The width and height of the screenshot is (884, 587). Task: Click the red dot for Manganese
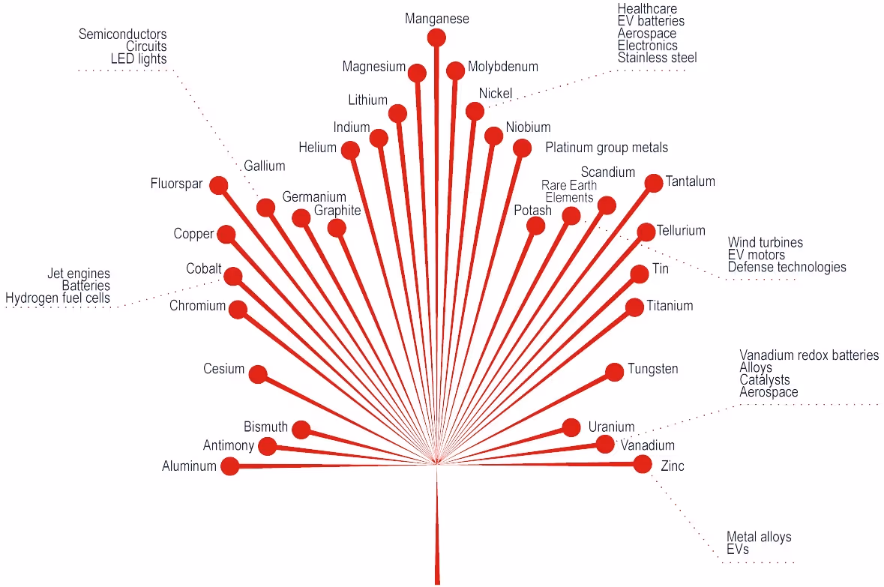[436, 37]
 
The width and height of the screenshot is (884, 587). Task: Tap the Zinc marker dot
[642, 464]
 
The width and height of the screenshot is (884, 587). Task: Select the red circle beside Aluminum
[229, 466]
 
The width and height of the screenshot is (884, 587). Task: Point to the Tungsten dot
[614, 371]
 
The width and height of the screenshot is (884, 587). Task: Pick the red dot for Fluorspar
[218, 185]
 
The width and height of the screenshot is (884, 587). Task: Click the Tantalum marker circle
[653, 182]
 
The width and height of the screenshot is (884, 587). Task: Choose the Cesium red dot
[257, 373]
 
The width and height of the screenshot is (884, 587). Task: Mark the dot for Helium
[349, 150]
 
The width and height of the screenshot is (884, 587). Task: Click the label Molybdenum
[502, 67]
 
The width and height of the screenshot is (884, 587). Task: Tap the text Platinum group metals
[606, 148]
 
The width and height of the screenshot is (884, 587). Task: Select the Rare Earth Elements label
[569, 192]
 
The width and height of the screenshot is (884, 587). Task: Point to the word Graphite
[337, 211]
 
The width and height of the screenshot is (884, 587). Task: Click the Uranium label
[611, 427]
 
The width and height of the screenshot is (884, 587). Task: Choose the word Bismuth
[265, 427]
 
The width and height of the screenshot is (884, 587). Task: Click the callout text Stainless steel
[657, 58]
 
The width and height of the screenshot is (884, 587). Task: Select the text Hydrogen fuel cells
[58, 298]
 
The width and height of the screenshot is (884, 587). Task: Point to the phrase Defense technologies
[787, 267]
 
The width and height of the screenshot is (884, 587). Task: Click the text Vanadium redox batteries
[809, 355]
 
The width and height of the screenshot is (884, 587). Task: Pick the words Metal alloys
[759, 537]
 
